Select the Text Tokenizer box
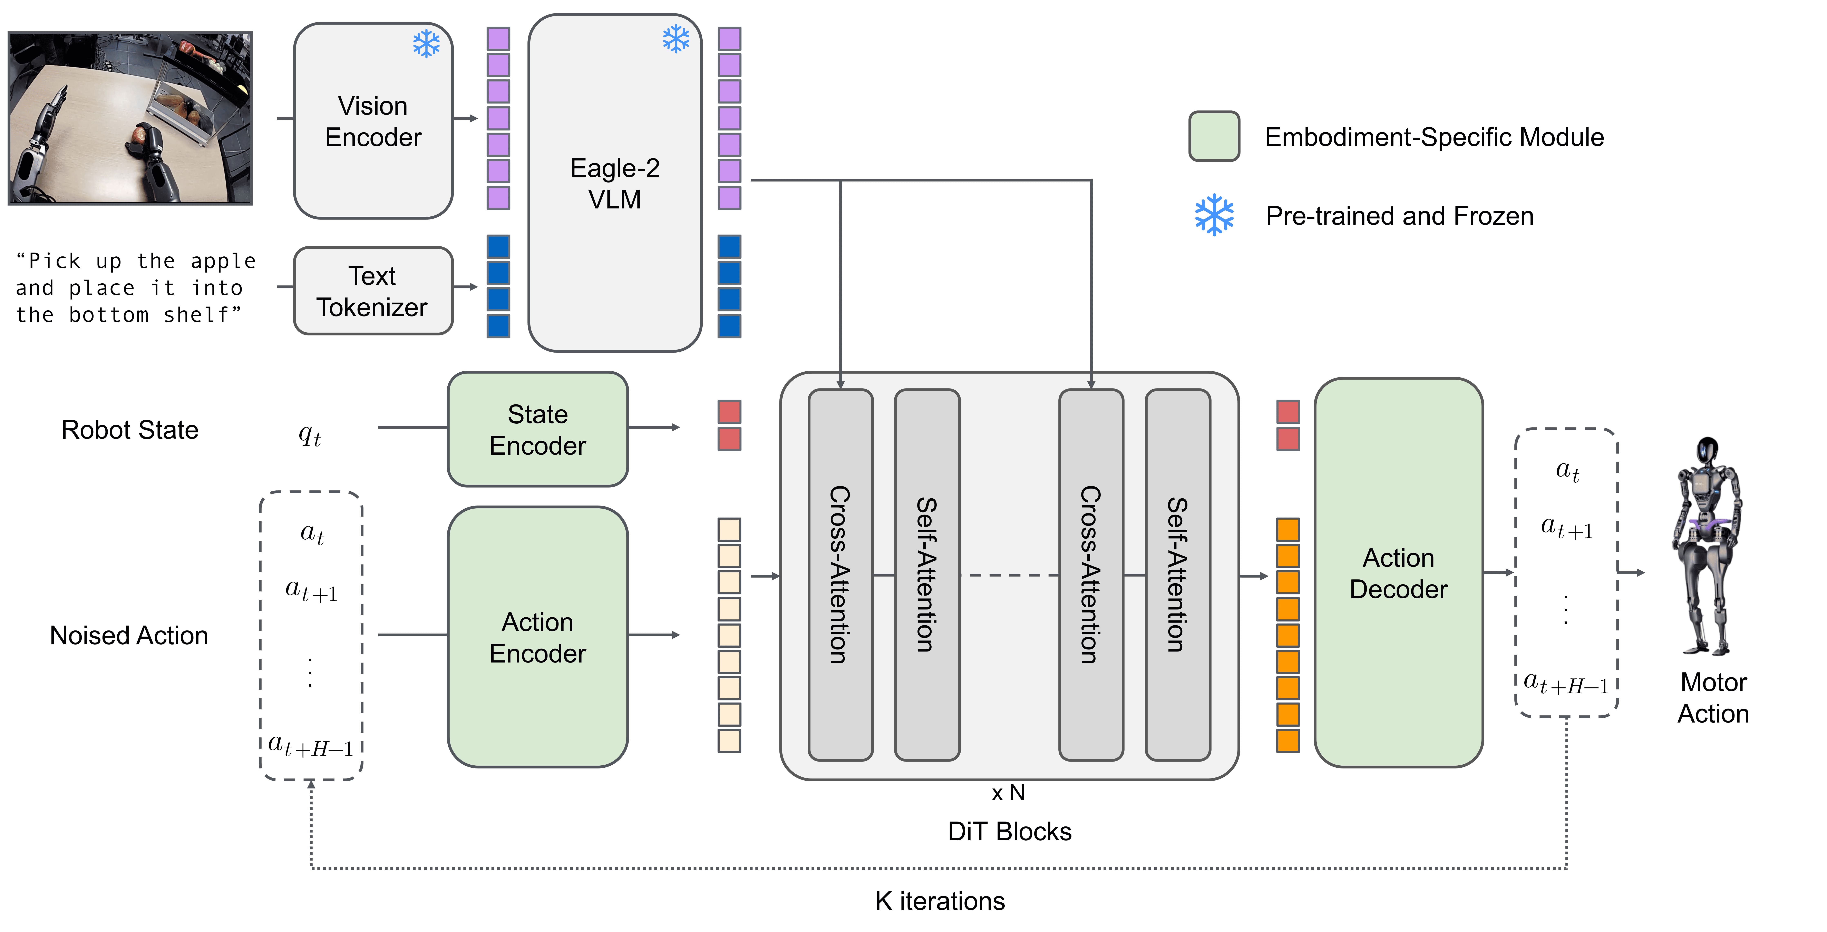pyautogui.click(x=373, y=291)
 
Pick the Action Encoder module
pyautogui.click(x=538, y=637)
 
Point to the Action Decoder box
pyautogui.click(x=1398, y=573)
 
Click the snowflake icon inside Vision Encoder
pyautogui.click(x=426, y=44)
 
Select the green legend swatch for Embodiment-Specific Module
pyautogui.click(x=1214, y=136)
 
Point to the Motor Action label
pyautogui.click(x=1713, y=698)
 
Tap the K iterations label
pyautogui.click(x=940, y=901)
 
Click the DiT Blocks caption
pyautogui.click(x=1009, y=831)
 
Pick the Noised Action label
pyautogui.click(x=129, y=636)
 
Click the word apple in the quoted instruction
pyautogui.click(x=223, y=261)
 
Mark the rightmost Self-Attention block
pyautogui.click(x=1177, y=575)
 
